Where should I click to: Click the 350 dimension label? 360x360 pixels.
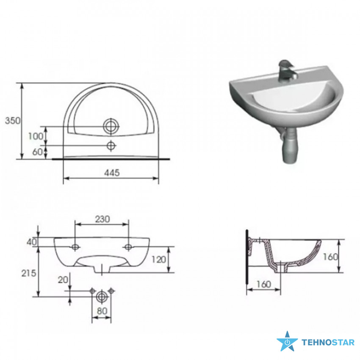coord(13,121)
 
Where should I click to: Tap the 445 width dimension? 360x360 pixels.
coord(112,173)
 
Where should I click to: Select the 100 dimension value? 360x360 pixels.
coord(36,136)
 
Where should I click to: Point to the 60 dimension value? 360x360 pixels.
coord(38,152)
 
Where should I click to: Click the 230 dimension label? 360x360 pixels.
coord(102,219)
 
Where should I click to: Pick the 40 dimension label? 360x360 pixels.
coord(32,242)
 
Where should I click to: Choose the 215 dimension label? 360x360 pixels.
coord(29,273)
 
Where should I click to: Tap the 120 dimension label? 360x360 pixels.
coord(159,260)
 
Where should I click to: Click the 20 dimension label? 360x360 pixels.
coord(63,280)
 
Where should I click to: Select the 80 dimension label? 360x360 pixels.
coord(102,311)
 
